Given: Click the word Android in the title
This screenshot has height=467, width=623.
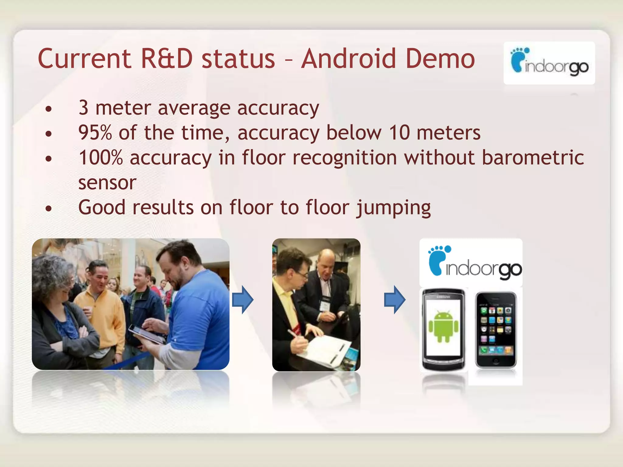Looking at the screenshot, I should coord(348,58).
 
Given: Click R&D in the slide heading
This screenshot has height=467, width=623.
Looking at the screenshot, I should coord(167,58).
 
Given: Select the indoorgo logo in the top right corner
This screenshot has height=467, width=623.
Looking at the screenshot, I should coord(549,63).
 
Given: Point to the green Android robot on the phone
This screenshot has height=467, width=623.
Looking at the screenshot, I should coord(443,326).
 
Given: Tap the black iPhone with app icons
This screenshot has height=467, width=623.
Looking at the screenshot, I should coord(496,330).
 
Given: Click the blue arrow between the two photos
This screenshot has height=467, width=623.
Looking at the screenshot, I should coord(242,299).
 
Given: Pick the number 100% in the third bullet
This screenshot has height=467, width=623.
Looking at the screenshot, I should coord(101,158).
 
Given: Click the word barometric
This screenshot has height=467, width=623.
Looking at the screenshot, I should coord(533,158).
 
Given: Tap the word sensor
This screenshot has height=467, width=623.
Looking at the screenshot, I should coord(107,183).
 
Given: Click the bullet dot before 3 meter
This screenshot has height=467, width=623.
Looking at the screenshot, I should coord(48,109).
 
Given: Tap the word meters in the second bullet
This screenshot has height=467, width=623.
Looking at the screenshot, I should coord(448,133).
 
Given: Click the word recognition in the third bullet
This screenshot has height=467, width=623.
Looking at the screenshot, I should coord(345,158).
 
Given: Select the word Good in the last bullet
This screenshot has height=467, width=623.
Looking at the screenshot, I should coord(102,208).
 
